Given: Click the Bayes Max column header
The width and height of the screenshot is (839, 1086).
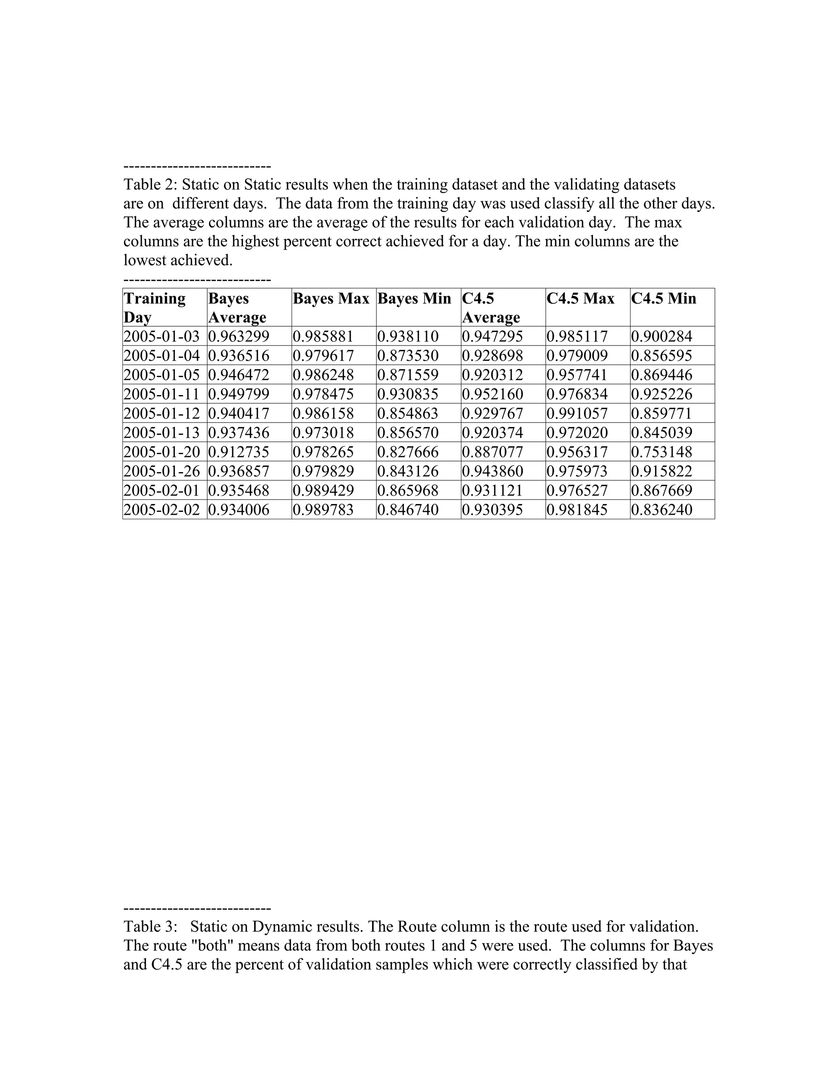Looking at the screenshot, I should click(331, 298).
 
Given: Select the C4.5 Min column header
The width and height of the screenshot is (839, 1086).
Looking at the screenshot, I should click(664, 298).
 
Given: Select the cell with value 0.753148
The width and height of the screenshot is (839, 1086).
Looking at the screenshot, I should click(662, 452).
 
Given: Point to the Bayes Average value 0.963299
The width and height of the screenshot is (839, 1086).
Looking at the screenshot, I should click(238, 336).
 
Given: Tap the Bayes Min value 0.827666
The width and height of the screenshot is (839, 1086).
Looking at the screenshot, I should click(408, 452).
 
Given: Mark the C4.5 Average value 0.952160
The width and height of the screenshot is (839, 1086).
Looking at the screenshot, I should click(492, 394).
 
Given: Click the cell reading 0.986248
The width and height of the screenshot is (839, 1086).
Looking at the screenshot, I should click(323, 375).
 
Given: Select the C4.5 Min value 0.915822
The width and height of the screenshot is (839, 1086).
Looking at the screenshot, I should click(662, 471).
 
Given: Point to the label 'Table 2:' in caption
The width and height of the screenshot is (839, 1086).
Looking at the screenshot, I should click(150, 185).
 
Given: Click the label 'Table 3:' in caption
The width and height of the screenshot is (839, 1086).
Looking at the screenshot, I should click(150, 927).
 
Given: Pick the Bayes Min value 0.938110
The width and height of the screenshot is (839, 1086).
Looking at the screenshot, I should click(408, 336).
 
